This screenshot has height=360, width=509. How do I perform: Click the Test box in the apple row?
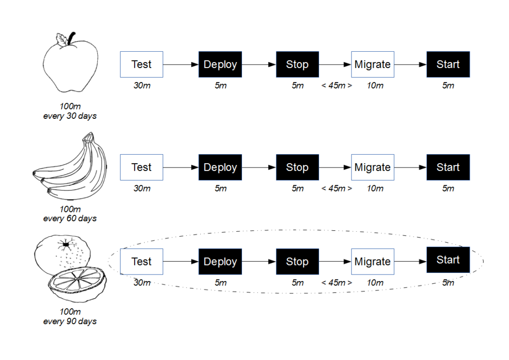click(x=142, y=65)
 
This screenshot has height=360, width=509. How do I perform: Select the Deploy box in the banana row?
click(x=220, y=168)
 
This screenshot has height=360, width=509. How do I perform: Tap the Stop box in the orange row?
click(x=297, y=262)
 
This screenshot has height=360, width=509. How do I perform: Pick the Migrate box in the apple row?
click(x=372, y=65)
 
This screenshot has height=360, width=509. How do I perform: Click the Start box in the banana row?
click(x=448, y=168)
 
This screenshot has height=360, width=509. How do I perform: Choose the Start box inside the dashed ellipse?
click(x=448, y=260)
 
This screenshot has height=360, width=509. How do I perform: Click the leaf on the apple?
click(x=62, y=39)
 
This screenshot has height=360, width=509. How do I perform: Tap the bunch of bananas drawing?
click(x=67, y=167)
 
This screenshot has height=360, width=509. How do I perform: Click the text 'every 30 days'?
click(x=70, y=116)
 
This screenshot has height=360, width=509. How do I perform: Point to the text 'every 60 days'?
click(x=70, y=218)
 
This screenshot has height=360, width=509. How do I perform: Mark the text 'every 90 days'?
click(x=70, y=321)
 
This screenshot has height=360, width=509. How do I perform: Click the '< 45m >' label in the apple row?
click(x=337, y=86)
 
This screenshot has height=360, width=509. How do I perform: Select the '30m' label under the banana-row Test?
click(x=142, y=188)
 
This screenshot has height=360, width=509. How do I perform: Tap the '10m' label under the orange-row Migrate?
click(x=375, y=282)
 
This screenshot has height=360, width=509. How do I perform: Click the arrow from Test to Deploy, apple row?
click(x=180, y=65)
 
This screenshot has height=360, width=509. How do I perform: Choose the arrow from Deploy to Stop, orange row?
click(x=258, y=262)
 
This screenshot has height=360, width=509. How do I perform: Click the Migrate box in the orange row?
click(x=372, y=262)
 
